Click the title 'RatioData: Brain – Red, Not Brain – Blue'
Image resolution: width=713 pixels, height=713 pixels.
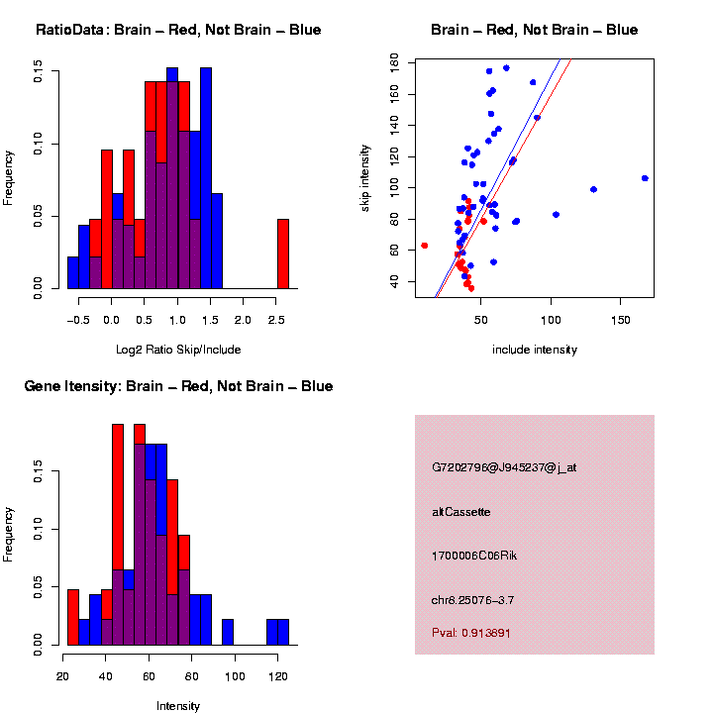click(x=178, y=30)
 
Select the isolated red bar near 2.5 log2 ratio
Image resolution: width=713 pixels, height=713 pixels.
click(x=282, y=254)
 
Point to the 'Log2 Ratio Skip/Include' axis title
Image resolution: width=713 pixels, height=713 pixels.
click(x=178, y=349)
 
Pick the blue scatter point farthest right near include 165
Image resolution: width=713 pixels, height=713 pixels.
click(x=645, y=178)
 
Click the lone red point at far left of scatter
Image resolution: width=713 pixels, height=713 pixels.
click(x=424, y=246)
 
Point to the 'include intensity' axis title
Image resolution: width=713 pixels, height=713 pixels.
click(x=535, y=349)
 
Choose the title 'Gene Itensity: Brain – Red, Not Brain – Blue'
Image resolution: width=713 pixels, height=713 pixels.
click(x=178, y=386)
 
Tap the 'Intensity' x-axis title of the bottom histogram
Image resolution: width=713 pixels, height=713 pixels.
click(x=178, y=706)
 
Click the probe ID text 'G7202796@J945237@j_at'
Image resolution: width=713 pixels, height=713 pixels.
click(x=504, y=467)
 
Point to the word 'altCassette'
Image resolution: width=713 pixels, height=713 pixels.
click(x=461, y=512)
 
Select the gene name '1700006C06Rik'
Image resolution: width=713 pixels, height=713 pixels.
click(x=474, y=556)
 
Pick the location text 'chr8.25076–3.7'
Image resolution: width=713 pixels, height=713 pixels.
click(x=473, y=600)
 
